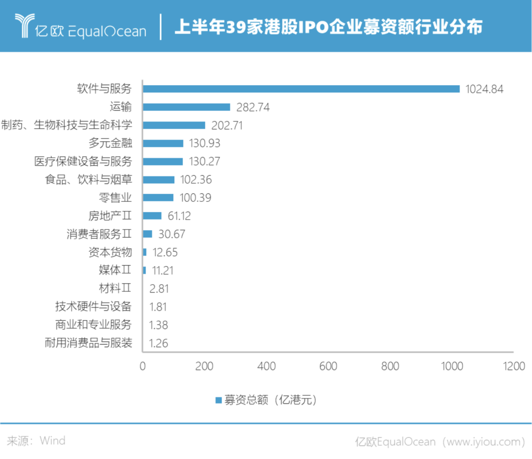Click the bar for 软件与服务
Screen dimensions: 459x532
click(301, 89)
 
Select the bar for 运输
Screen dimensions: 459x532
click(187, 107)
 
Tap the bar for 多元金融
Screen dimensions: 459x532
click(163, 143)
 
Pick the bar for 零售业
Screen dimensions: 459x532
click(158, 198)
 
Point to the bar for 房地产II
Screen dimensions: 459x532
click(152, 215)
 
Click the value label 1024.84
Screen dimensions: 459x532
click(485, 89)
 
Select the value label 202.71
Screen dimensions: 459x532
click(227, 125)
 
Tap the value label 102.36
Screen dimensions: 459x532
click(196, 180)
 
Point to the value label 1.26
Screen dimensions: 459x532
click(159, 343)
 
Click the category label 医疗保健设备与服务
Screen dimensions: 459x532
click(83, 161)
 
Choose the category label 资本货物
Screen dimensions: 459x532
click(110, 252)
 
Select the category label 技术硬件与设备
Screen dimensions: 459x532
click(93, 306)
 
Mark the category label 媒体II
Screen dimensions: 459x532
click(115, 270)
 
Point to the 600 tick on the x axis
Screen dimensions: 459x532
click(328, 367)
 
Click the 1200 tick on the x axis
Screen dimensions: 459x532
click(514, 367)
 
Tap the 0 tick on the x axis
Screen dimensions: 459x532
click(143, 367)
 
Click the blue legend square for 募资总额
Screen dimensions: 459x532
click(218, 400)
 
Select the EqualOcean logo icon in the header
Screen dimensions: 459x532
click(23, 26)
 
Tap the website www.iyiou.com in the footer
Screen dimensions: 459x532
click(484, 441)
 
